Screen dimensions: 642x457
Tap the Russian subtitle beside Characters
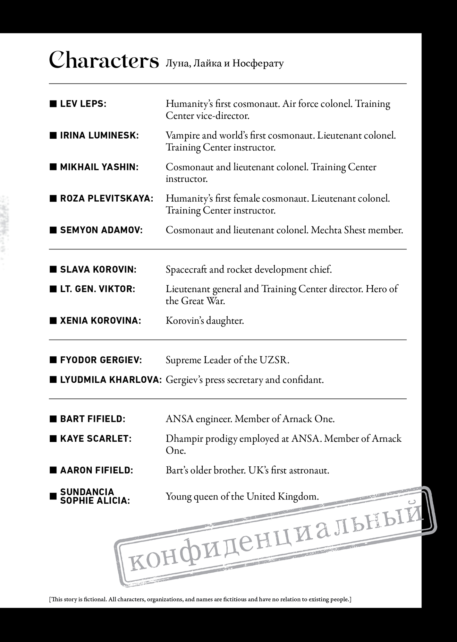coord(224,64)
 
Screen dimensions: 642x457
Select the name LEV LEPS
coord(83,104)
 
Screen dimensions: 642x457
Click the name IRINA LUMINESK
coord(99,135)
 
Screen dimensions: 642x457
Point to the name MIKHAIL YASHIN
coord(99,167)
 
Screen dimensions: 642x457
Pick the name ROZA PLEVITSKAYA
coord(106,198)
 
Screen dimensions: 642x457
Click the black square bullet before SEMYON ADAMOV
coord(53,230)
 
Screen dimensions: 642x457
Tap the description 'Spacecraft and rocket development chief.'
coord(249,269)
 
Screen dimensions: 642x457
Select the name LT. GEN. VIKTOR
coord(97,289)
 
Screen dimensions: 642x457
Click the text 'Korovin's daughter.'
coord(205,321)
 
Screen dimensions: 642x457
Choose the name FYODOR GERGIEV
coord(101,360)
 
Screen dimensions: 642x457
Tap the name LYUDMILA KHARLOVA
coord(111,380)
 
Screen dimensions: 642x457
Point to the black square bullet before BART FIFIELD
coord(53,419)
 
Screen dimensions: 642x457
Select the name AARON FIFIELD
coord(96,471)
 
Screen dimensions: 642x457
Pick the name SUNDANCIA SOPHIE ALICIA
coord(95,496)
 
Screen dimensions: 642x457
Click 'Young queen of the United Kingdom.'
coord(242,497)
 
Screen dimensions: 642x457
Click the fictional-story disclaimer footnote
coord(200,599)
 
